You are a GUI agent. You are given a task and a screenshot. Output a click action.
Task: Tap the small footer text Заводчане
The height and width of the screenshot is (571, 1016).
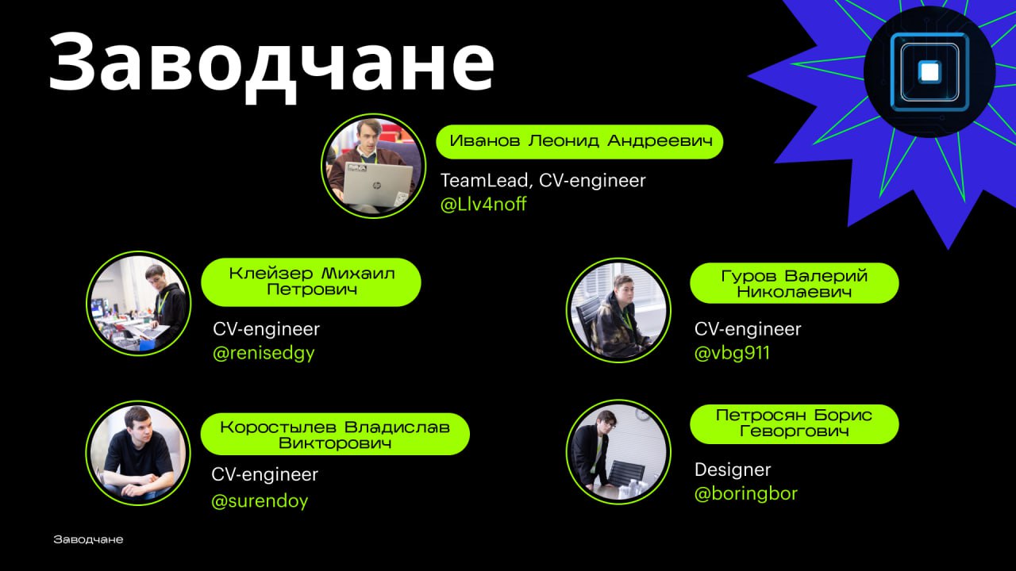point(88,539)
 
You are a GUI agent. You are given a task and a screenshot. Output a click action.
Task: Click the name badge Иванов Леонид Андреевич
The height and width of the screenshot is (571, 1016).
point(579,142)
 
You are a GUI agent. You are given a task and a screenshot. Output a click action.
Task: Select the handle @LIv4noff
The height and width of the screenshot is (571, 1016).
point(483,205)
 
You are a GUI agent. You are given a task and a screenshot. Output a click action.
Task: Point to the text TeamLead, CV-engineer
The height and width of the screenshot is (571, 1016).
point(543,180)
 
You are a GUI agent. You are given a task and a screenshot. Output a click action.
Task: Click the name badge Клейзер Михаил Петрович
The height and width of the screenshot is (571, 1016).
point(311,282)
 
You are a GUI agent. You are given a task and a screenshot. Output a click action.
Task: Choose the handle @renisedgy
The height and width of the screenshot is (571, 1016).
point(264,353)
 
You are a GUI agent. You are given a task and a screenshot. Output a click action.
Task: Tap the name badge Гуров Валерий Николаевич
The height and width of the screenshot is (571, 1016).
point(795,283)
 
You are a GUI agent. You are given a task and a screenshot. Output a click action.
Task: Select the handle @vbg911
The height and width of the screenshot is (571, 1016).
point(732,353)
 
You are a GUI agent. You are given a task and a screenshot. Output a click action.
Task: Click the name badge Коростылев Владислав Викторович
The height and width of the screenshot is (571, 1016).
point(335,434)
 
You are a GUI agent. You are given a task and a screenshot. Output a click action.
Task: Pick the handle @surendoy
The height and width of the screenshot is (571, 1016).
point(260,501)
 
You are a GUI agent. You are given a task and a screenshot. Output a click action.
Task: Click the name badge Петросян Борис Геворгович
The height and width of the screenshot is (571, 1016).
point(795,424)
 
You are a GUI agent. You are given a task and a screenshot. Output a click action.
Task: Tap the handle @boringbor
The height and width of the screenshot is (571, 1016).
point(746,494)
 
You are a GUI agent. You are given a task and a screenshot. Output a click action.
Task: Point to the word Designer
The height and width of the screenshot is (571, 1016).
point(733,470)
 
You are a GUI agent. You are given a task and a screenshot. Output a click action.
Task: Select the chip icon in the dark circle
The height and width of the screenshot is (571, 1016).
point(929,71)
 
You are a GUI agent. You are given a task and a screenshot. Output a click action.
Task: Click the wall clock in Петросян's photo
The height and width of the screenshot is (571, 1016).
point(641,413)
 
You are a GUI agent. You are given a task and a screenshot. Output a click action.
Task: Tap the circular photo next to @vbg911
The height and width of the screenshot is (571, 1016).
point(618,310)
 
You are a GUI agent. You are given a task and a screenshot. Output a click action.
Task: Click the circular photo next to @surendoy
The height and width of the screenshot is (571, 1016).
point(138,453)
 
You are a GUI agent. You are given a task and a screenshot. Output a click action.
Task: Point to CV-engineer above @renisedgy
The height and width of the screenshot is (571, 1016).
point(266,329)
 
